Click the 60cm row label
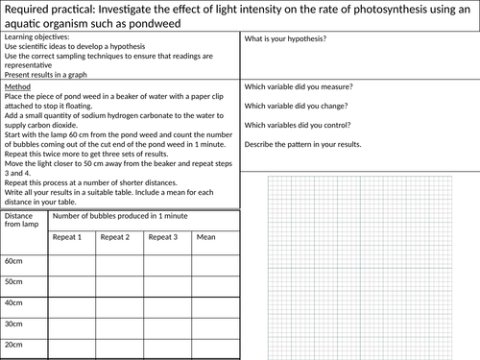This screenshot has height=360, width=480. click(14, 260)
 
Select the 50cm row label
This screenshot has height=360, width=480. click(14, 281)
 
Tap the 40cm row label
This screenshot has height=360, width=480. click(14, 302)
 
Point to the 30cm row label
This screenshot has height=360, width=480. click(14, 324)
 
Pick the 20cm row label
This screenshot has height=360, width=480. click(14, 345)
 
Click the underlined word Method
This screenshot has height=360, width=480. click(18, 86)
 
